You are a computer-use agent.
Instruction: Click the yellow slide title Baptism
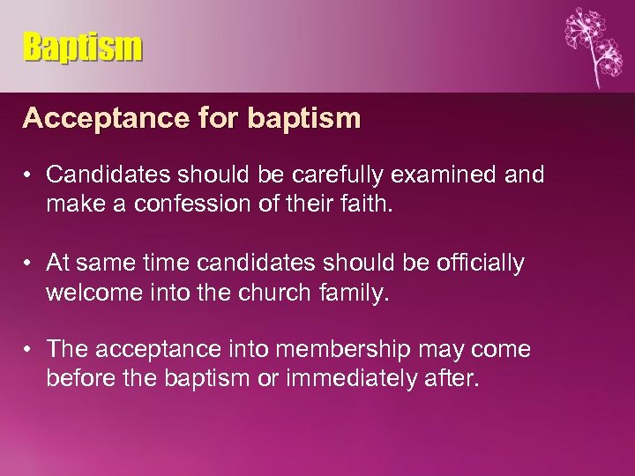(82, 47)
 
